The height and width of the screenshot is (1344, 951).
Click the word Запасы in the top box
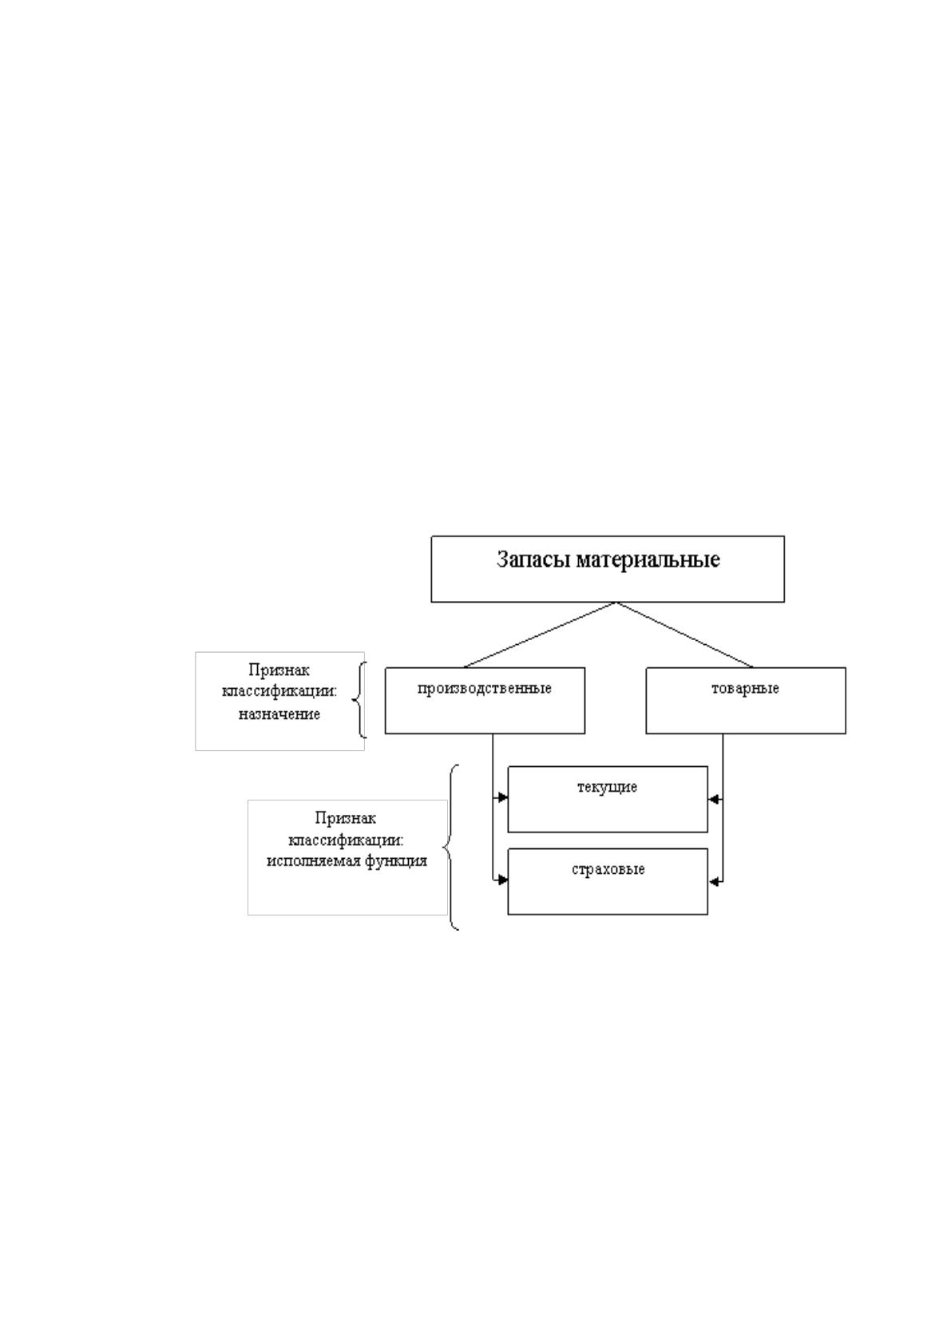coord(533,559)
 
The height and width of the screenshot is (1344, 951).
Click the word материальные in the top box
coord(648,559)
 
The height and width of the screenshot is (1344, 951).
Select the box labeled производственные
coord(485,700)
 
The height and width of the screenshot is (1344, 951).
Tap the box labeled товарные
coord(746,700)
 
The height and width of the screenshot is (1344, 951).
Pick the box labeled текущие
coord(608,799)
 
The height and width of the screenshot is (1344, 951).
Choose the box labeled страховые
coord(608,881)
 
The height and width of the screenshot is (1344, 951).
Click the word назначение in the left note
coord(279,714)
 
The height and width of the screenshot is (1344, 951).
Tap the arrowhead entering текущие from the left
coord(502,797)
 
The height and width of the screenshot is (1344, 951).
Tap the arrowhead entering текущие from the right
coord(713,799)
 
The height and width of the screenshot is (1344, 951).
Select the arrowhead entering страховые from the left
coord(502,880)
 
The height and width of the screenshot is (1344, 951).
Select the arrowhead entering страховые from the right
coord(713,882)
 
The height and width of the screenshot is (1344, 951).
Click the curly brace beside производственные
coord(357,700)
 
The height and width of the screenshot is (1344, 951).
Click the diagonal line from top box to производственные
coord(540,634)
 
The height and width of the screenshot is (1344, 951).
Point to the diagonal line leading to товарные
coord(685,634)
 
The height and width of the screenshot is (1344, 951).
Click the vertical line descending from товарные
coord(723,808)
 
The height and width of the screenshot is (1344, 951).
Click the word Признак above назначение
coord(279,670)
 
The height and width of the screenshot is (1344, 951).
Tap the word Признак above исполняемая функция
coord(345,818)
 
